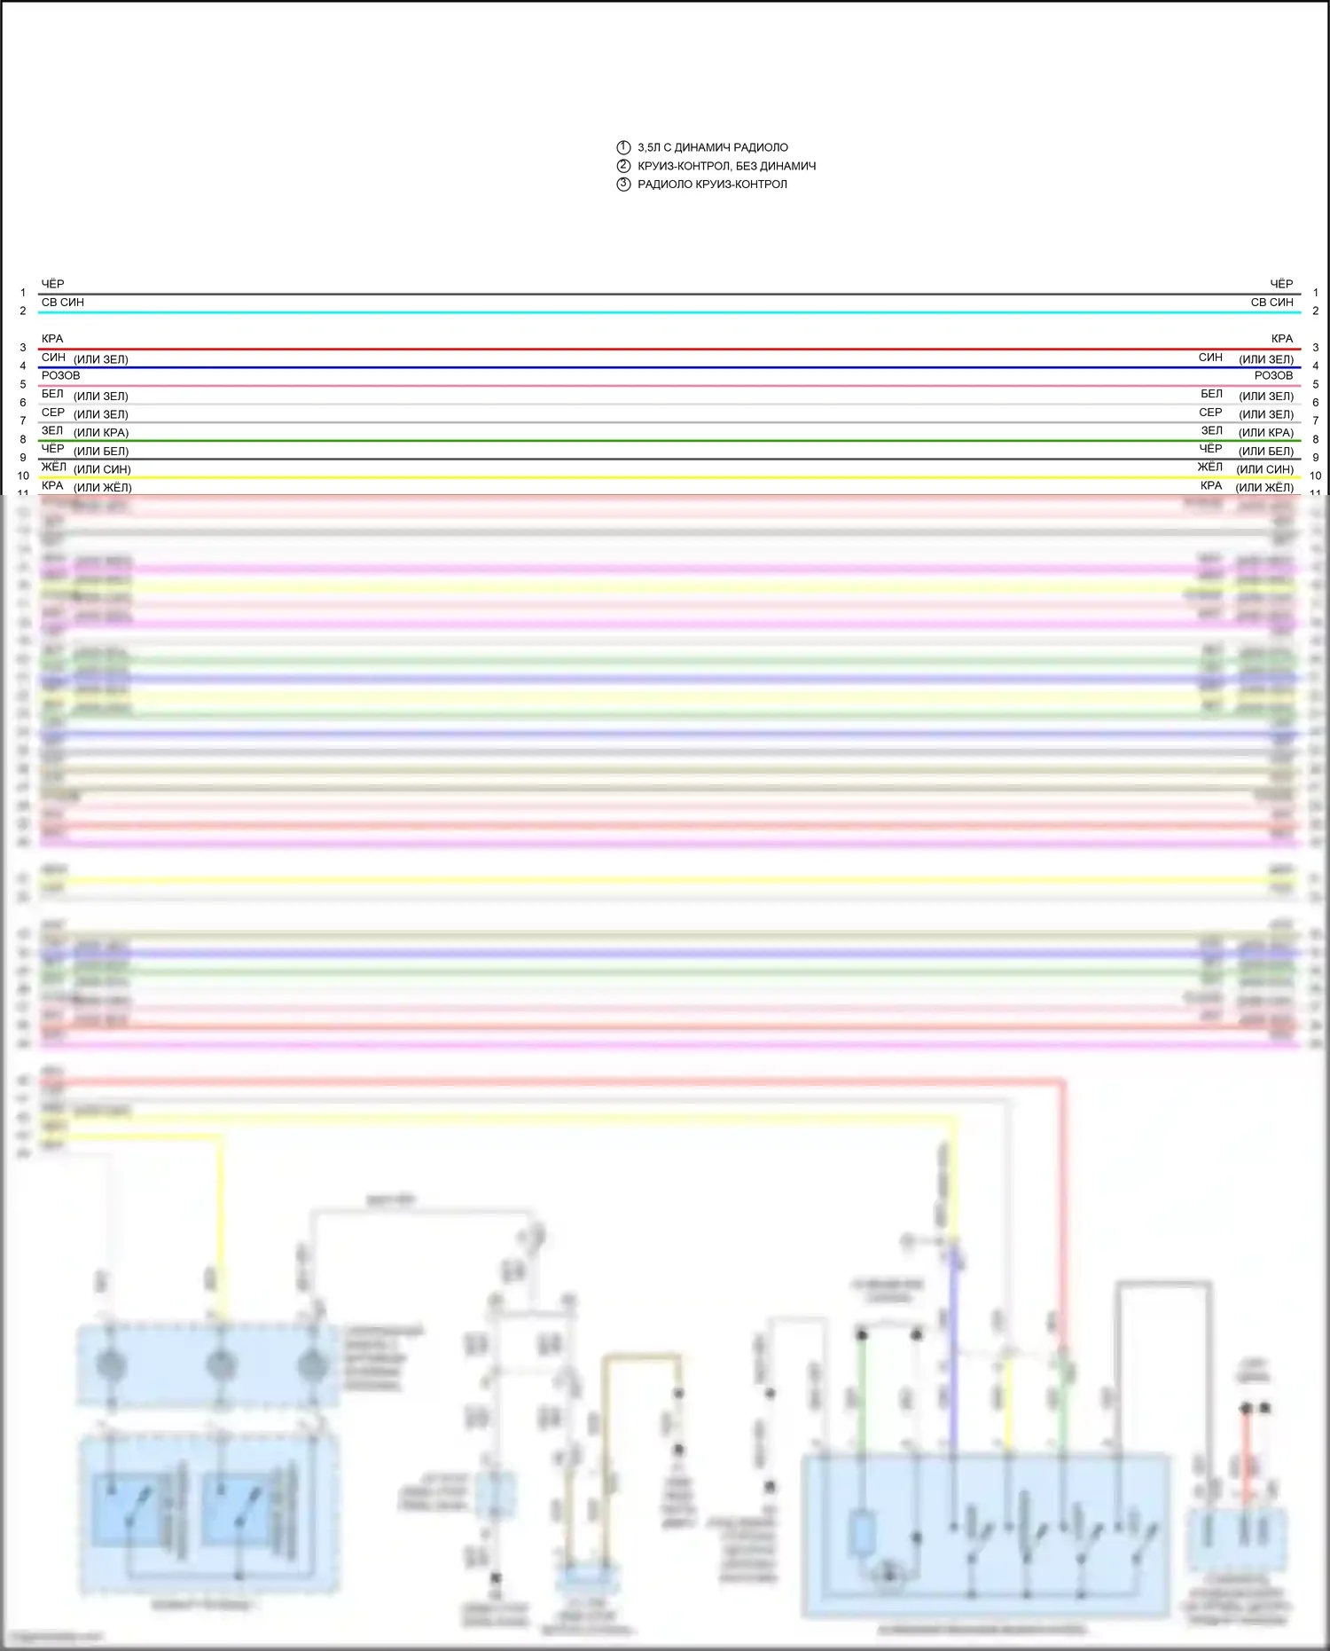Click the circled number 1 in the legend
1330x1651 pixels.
[x=623, y=147]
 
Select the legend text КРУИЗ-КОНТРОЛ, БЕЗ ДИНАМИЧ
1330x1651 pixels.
[x=726, y=166]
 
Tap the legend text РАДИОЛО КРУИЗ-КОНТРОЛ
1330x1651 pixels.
[x=712, y=185]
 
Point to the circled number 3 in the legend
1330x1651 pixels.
[x=623, y=185]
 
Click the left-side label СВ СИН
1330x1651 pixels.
[x=63, y=303]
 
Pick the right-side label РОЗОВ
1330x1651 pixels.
[x=1273, y=376]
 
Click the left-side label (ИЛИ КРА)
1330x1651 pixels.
[x=101, y=433]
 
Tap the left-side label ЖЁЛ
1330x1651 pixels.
[x=53, y=468]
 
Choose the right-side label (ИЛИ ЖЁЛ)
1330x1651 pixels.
[x=1264, y=488]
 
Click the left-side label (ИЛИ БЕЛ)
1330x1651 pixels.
[x=101, y=452]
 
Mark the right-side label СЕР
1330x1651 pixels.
[x=1210, y=413]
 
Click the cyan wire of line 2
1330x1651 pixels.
[x=665, y=312]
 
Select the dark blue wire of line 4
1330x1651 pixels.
[x=665, y=367]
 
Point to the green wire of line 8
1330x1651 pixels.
[x=665, y=441]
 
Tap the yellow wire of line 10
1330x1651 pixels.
[x=665, y=477]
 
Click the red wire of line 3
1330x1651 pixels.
[x=665, y=350]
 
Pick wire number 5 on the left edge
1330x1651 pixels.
[x=23, y=385]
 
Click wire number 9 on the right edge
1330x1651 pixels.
[x=1316, y=458]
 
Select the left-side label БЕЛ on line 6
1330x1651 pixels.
[x=52, y=394]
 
